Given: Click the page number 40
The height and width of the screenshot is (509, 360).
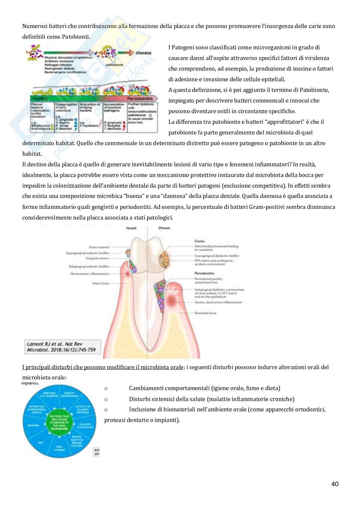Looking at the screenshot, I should click(335, 484).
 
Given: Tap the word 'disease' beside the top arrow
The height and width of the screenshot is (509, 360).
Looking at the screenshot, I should click(144, 53).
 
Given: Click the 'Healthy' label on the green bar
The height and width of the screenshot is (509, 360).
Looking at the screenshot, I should click(40, 99).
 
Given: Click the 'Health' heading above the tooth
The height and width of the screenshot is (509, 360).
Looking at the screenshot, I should click(131, 228).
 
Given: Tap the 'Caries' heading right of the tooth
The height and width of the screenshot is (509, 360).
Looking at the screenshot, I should click(200, 241).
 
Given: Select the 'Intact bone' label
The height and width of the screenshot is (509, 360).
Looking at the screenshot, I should click(101, 283).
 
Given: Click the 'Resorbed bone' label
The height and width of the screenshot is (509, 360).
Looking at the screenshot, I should click(205, 313).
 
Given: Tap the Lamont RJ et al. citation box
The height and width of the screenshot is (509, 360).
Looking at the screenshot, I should click(63, 347).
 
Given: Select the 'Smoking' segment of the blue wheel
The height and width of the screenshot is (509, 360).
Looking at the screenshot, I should click(33, 425).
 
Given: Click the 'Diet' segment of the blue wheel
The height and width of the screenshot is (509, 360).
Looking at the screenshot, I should click(40, 443).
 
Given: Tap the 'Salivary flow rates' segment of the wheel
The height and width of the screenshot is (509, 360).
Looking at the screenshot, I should click(85, 426).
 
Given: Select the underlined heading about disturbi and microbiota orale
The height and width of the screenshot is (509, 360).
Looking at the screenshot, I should click(103, 367).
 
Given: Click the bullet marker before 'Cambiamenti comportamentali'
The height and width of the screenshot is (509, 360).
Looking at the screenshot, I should click(106, 388).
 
